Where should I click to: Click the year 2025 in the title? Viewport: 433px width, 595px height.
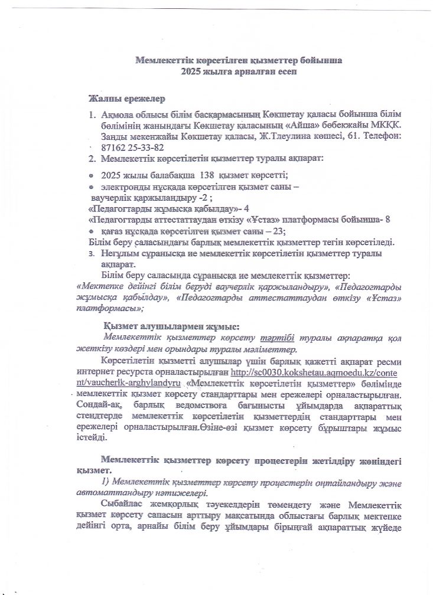click(191, 71)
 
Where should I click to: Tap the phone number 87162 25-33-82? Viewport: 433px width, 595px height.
click(133, 148)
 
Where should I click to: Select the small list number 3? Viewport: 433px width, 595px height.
click(92, 253)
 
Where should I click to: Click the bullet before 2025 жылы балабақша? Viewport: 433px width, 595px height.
click(91, 176)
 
